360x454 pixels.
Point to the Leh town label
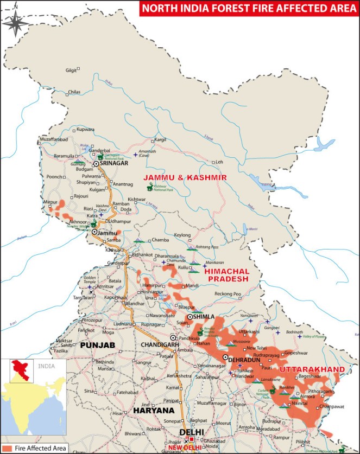click(x=219, y=162)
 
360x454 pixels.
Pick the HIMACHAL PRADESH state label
click(x=227, y=275)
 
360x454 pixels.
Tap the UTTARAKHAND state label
click(x=312, y=369)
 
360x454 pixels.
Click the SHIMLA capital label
click(x=205, y=317)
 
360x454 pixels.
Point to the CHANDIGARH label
click(x=160, y=345)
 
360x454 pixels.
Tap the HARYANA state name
click(x=154, y=411)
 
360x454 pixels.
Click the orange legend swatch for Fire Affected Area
click(x=7, y=449)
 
